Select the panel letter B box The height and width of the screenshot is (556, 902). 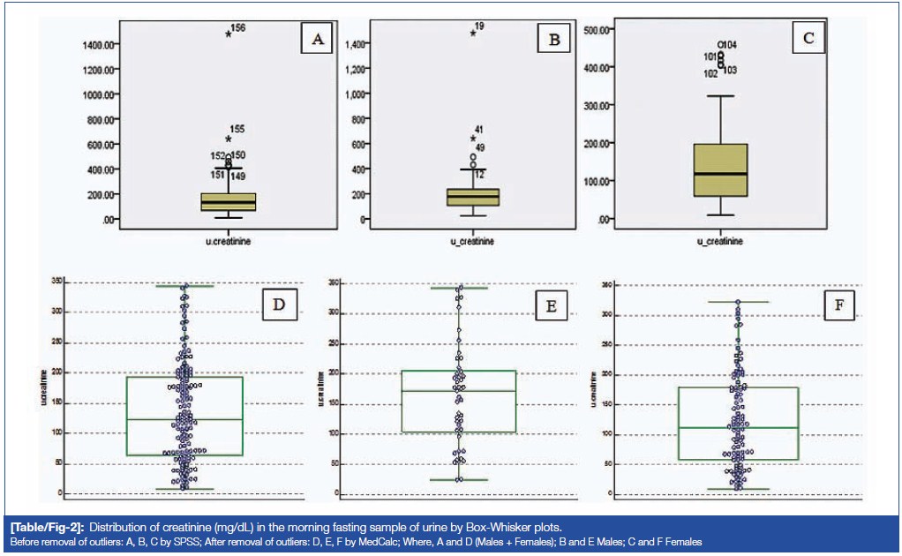(x=553, y=39)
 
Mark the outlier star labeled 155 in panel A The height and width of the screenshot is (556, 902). (x=228, y=139)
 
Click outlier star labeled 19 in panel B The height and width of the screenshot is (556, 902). (x=473, y=33)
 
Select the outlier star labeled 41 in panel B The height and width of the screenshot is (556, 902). (x=473, y=139)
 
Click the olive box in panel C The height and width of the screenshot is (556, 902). (x=720, y=169)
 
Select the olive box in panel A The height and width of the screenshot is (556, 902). (x=229, y=201)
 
